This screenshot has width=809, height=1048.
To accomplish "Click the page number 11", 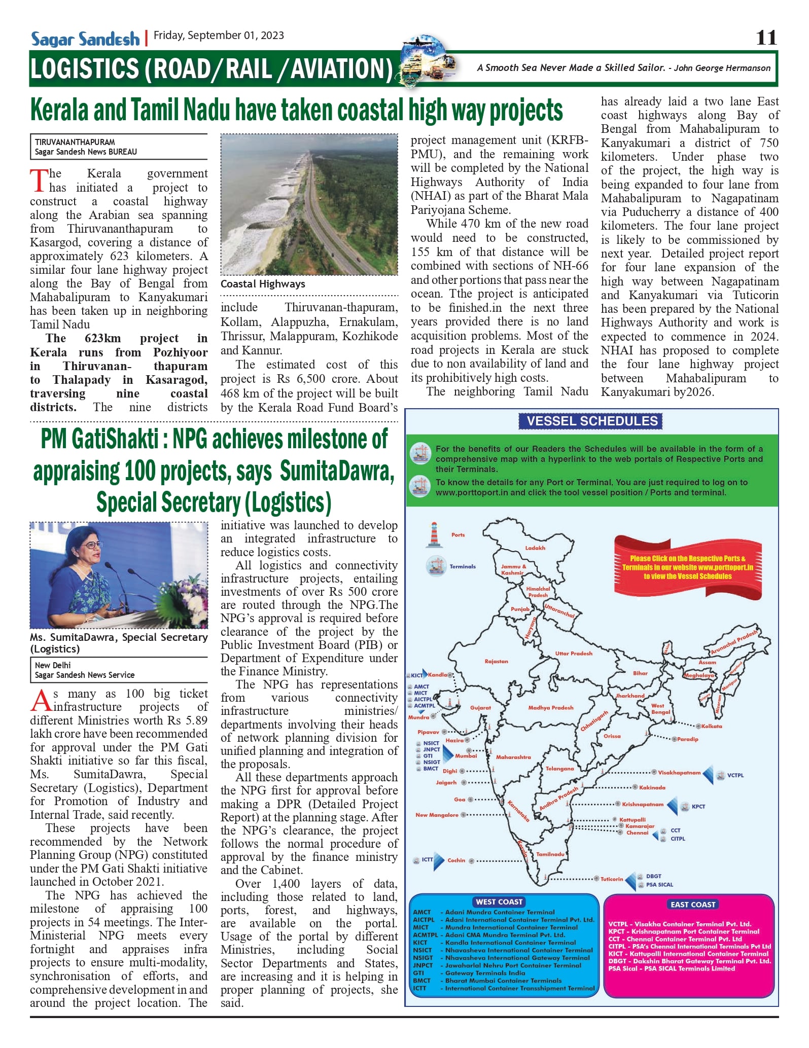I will (x=766, y=38).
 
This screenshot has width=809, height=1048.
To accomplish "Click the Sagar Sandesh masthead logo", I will (x=85, y=39).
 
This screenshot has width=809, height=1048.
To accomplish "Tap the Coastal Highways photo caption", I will (x=263, y=284).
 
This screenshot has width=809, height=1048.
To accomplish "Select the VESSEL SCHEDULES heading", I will (x=592, y=421).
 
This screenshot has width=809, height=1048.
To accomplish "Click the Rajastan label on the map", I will (x=496, y=661).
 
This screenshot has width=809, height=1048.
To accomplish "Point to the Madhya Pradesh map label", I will (x=551, y=707).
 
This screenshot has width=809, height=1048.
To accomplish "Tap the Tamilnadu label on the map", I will (x=550, y=854).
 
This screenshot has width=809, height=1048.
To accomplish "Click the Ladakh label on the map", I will (x=535, y=548).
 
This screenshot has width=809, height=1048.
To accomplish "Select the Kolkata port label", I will (x=712, y=726).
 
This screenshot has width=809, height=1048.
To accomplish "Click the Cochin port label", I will (x=456, y=860).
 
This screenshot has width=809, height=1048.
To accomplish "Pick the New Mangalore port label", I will (x=437, y=815).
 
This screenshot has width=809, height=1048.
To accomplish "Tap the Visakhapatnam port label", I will (x=679, y=773).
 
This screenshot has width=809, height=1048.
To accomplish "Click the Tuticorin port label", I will (x=612, y=879).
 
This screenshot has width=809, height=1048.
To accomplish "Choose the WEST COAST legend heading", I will (x=499, y=901).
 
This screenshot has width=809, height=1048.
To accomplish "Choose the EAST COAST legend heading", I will (x=693, y=904).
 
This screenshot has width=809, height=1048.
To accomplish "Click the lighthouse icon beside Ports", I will (x=434, y=535).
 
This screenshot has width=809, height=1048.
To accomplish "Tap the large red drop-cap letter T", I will (x=39, y=181).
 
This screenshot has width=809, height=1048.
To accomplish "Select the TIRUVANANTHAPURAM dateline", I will (x=75, y=142).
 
